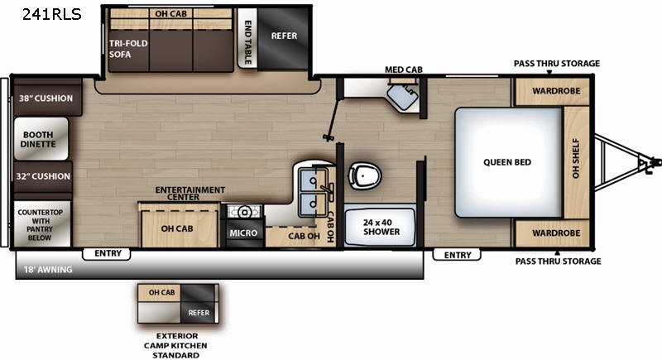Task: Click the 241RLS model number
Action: (x=51, y=14)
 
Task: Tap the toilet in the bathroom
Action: (x=365, y=175)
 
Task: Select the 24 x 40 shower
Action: (x=381, y=227)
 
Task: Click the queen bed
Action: (x=509, y=162)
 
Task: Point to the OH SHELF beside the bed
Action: (x=576, y=162)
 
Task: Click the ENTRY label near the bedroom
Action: (x=458, y=255)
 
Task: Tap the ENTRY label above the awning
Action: (x=108, y=253)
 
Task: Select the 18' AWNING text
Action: (x=48, y=269)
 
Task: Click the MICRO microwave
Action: (x=243, y=233)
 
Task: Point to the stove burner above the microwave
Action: (x=243, y=211)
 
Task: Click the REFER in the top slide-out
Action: (x=284, y=37)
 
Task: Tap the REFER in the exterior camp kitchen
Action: (x=199, y=313)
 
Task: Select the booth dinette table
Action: (x=41, y=139)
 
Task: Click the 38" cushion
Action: (x=46, y=98)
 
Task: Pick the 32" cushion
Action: (x=43, y=176)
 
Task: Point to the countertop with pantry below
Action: (x=41, y=224)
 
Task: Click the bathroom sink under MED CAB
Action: (x=403, y=96)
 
